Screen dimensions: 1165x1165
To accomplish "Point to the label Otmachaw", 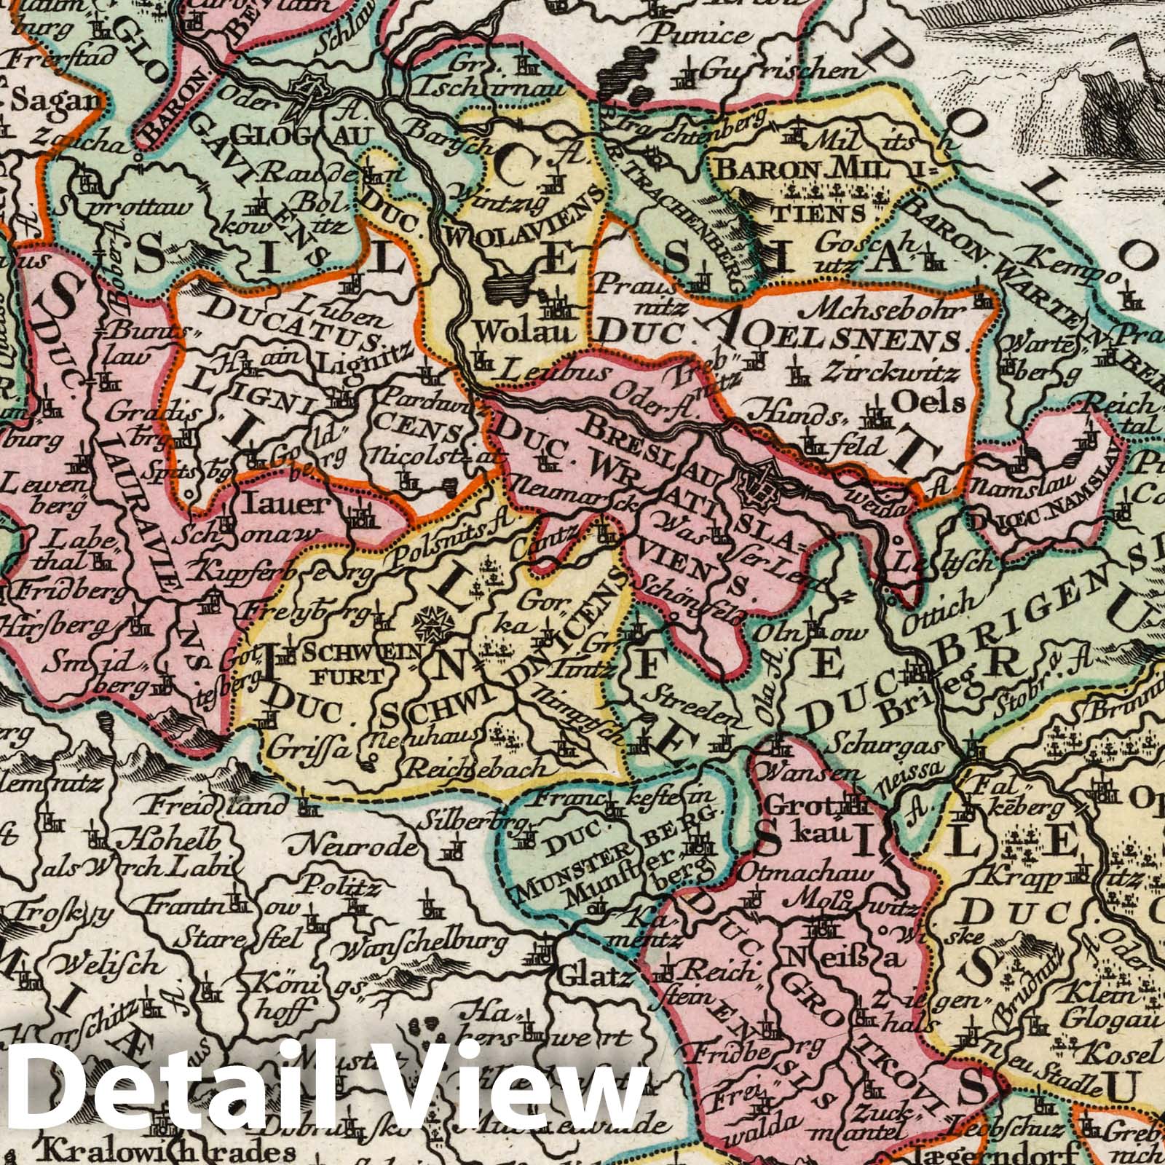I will point(806,873).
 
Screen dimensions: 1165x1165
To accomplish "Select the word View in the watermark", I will point(510,1087).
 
